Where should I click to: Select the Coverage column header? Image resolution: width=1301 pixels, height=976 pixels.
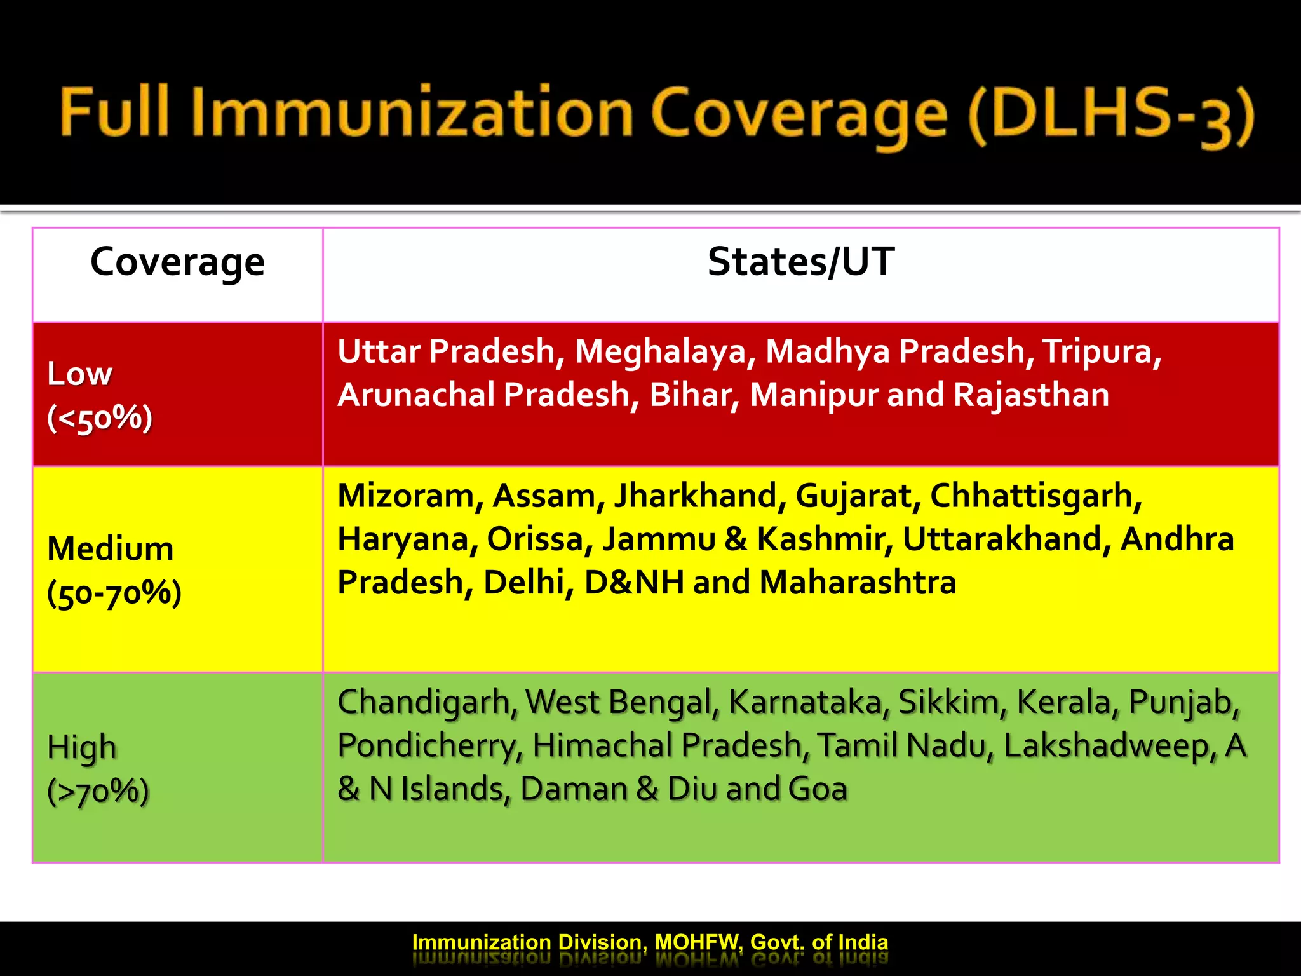point(177,262)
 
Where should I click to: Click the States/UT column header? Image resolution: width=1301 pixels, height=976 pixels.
point(801,262)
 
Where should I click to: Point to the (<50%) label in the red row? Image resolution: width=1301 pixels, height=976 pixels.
point(100,418)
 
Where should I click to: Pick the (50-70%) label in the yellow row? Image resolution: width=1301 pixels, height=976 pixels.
point(114,593)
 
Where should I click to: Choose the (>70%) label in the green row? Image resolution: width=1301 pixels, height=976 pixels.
point(98,791)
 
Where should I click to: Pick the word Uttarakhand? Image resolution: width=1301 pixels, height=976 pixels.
point(1006,539)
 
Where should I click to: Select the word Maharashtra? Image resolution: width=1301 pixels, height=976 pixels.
point(858,582)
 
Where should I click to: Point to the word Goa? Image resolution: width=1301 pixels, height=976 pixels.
point(818,789)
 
